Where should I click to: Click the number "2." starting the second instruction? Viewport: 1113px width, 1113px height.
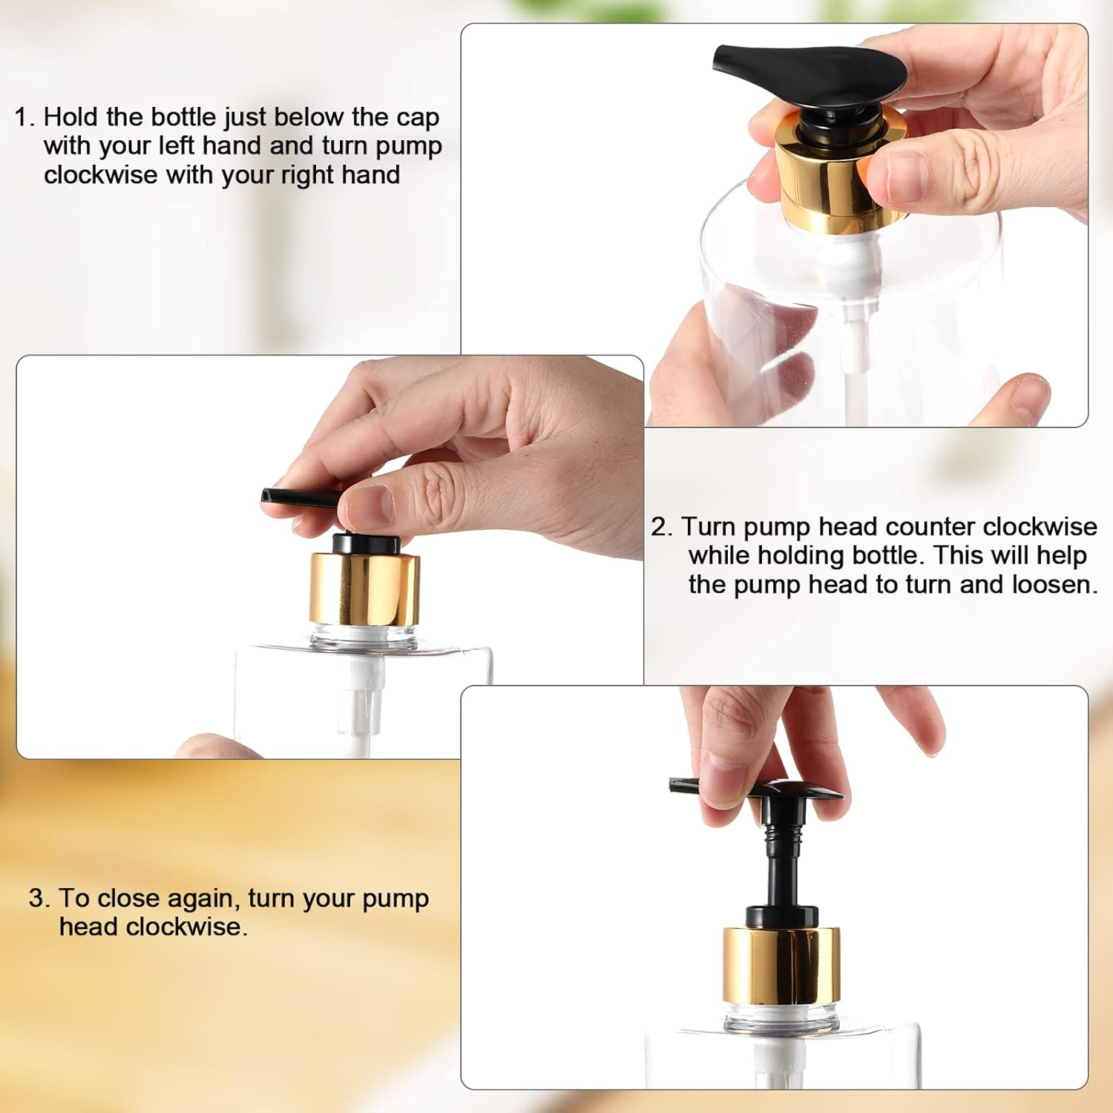661,527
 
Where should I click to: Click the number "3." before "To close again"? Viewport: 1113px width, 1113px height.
39,899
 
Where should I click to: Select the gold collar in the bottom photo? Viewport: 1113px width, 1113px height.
781,965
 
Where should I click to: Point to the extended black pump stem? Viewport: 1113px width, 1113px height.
781,861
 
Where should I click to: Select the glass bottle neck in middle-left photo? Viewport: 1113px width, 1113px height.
364,637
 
